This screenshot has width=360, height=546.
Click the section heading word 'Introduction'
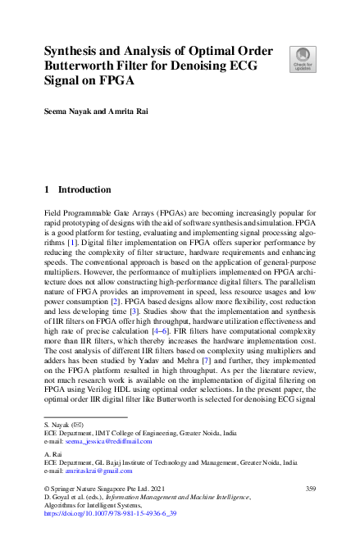coord(84,189)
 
